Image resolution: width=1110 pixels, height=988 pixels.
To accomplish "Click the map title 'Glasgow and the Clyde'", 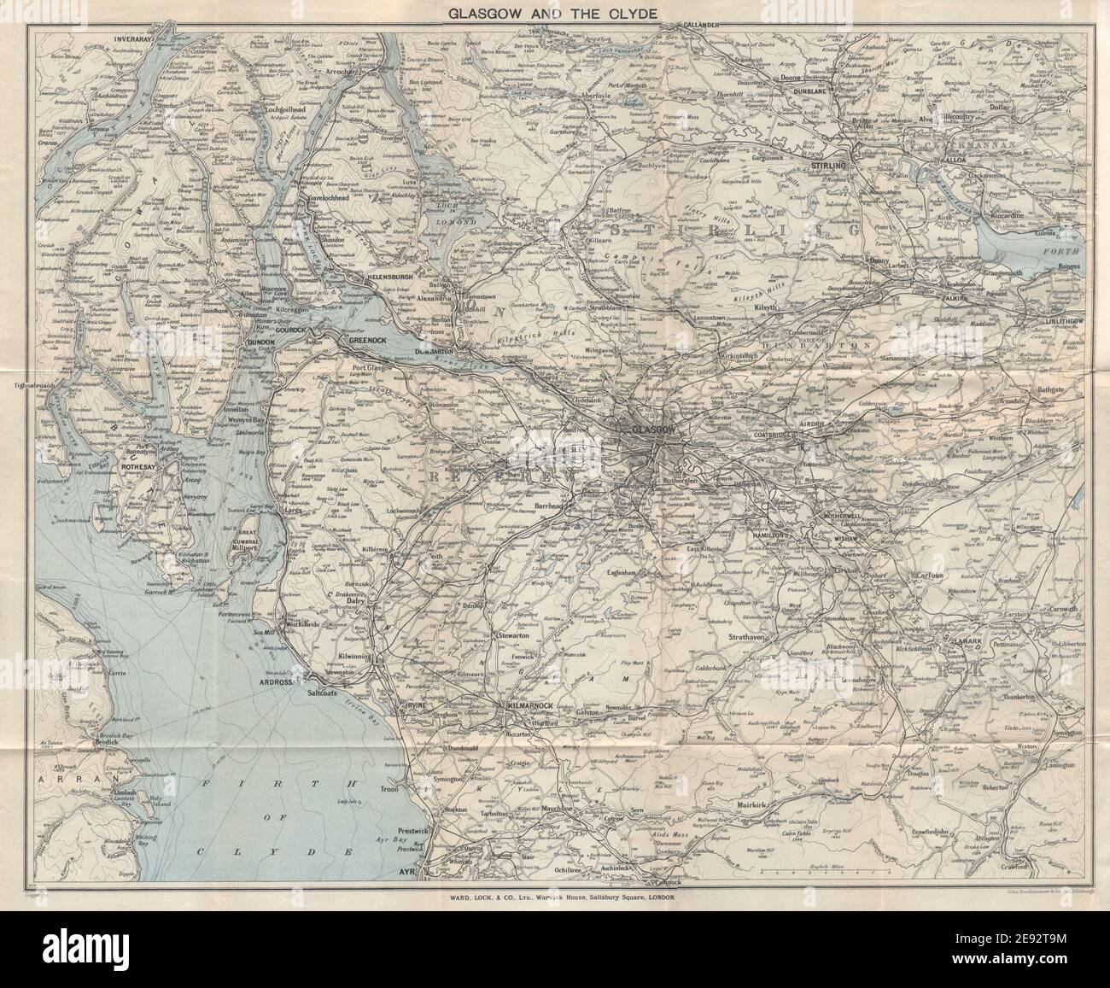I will pos(554,14).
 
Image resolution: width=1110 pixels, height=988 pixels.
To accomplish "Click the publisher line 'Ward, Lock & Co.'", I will pos(554,897).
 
